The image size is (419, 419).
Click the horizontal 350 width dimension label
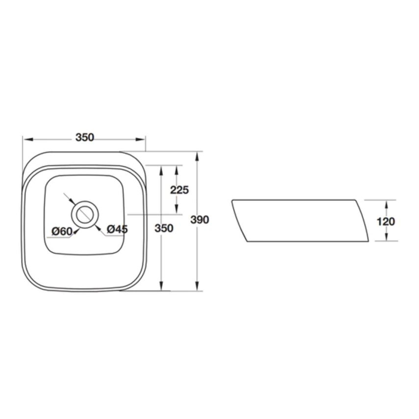(85, 137)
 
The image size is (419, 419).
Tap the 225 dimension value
(179, 190)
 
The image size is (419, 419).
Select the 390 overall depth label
(200, 220)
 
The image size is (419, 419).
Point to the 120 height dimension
(386, 222)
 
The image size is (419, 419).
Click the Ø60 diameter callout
(62, 232)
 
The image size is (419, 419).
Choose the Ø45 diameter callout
(117, 229)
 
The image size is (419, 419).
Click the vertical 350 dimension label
(164, 228)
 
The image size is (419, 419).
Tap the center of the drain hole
(85, 214)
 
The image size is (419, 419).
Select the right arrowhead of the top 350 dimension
(140, 139)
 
